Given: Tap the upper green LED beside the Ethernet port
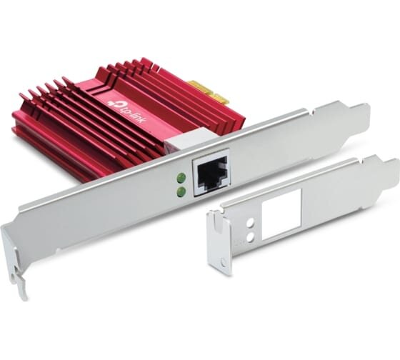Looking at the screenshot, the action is (x=181, y=177).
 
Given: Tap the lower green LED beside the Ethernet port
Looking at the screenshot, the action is (x=181, y=191).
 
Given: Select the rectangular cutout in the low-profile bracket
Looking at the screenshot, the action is (x=281, y=214).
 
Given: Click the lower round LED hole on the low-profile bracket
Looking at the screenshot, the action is (x=251, y=238).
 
